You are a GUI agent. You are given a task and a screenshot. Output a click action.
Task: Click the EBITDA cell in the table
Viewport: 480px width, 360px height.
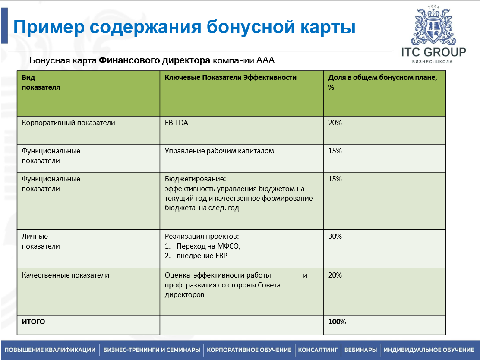tap(177, 123)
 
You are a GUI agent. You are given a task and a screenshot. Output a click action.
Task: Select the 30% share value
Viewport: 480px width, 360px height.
tap(335, 237)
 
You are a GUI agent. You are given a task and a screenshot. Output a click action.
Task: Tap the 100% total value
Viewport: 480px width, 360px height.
tap(337, 322)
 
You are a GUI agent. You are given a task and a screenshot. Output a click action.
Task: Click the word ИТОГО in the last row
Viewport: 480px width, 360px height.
tap(33, 322)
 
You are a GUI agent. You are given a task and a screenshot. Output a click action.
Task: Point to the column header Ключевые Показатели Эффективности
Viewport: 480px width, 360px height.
tap(231, 78)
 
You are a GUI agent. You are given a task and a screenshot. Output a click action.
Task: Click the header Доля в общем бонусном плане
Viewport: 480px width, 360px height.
tap(382, 78)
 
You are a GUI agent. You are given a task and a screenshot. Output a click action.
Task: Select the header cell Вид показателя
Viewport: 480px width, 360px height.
tap(41, 82)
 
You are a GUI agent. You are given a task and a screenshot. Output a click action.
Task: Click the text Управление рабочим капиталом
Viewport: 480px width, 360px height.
tap(219, 151)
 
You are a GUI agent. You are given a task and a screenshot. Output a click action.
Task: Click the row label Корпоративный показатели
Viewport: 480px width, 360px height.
tap(69, 123)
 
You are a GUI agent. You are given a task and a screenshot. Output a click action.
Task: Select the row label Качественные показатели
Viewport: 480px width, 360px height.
tap(66, 275)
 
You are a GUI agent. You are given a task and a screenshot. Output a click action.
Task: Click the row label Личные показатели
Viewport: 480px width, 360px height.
tap(41, 241)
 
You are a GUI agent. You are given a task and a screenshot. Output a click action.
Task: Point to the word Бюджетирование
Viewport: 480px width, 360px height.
tap(195, 179)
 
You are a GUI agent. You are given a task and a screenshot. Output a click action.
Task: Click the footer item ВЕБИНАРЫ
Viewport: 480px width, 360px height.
tap(360, 350)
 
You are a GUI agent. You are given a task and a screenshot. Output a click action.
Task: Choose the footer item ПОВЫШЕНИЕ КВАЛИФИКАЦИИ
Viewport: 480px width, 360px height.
tap(50, 350)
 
